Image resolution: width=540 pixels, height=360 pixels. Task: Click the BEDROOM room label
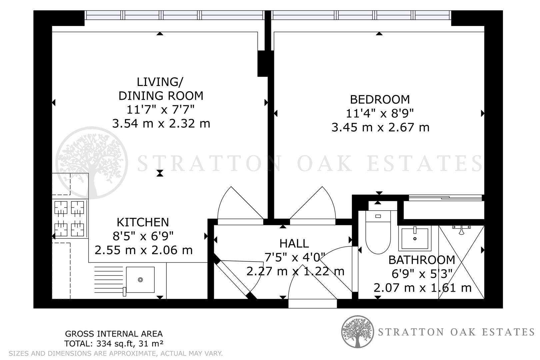[x=380, y=99]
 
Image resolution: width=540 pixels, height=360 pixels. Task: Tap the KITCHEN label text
[x=143, y=222]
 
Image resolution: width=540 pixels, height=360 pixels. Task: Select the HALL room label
[x=294, y=244]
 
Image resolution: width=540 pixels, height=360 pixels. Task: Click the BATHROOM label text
[x=422, y=260]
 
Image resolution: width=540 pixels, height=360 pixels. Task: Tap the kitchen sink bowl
[x=140, y=280]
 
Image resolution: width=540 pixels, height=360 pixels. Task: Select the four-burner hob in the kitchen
[x=70, y=219]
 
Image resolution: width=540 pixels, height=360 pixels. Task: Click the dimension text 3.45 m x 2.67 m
[x=380, y=127]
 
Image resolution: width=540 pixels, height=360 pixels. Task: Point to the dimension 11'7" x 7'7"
[x=160, y=110]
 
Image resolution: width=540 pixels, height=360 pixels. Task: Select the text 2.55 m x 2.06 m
[x=144, y=250]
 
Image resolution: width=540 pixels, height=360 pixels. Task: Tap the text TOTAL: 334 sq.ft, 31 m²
[x=114, y=343]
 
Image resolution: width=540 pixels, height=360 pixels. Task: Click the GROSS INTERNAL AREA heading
[x=114, y=334]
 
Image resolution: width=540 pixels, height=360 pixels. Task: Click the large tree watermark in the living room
[x=91, y=163]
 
